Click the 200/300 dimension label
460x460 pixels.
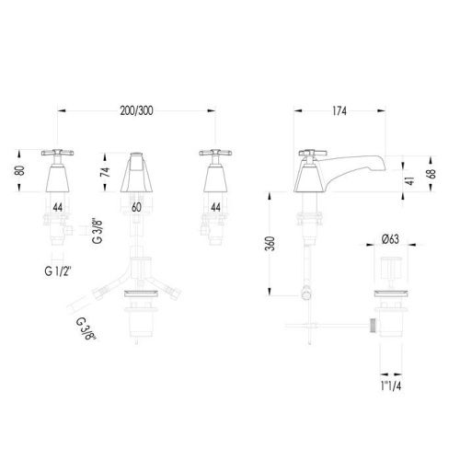click(136, 110)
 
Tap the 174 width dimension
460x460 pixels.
click(339, 111)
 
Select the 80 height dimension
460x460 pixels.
click(19, 170)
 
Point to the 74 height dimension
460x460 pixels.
click(105, 172)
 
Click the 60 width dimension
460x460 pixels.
click(136, 207)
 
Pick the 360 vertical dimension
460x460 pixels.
click(270, 244)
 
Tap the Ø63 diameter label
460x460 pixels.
click(390, 239)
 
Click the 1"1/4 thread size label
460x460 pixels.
click(391, 385)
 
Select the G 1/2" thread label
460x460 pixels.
click(58, 271)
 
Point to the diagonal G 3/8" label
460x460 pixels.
click(86, 329)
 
